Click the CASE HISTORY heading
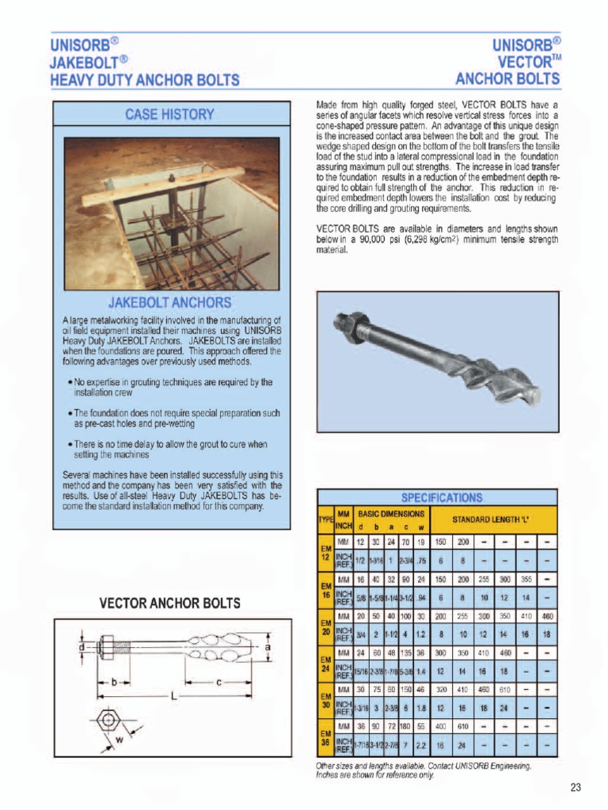pyautogui.click(x=169, y=114)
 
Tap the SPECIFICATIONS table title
pyautogui.click(x=441, y=498)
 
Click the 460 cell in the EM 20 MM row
pyautogui.click(x=548, y=615)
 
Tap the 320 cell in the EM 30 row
pyautogui.click(x=441, y=689)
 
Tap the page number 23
pyautogui.click(x=575, y=786)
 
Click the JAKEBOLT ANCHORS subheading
pyautogui.click(x=169, y=302)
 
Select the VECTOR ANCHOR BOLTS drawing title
pyautogui.click(x=169, y=603)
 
